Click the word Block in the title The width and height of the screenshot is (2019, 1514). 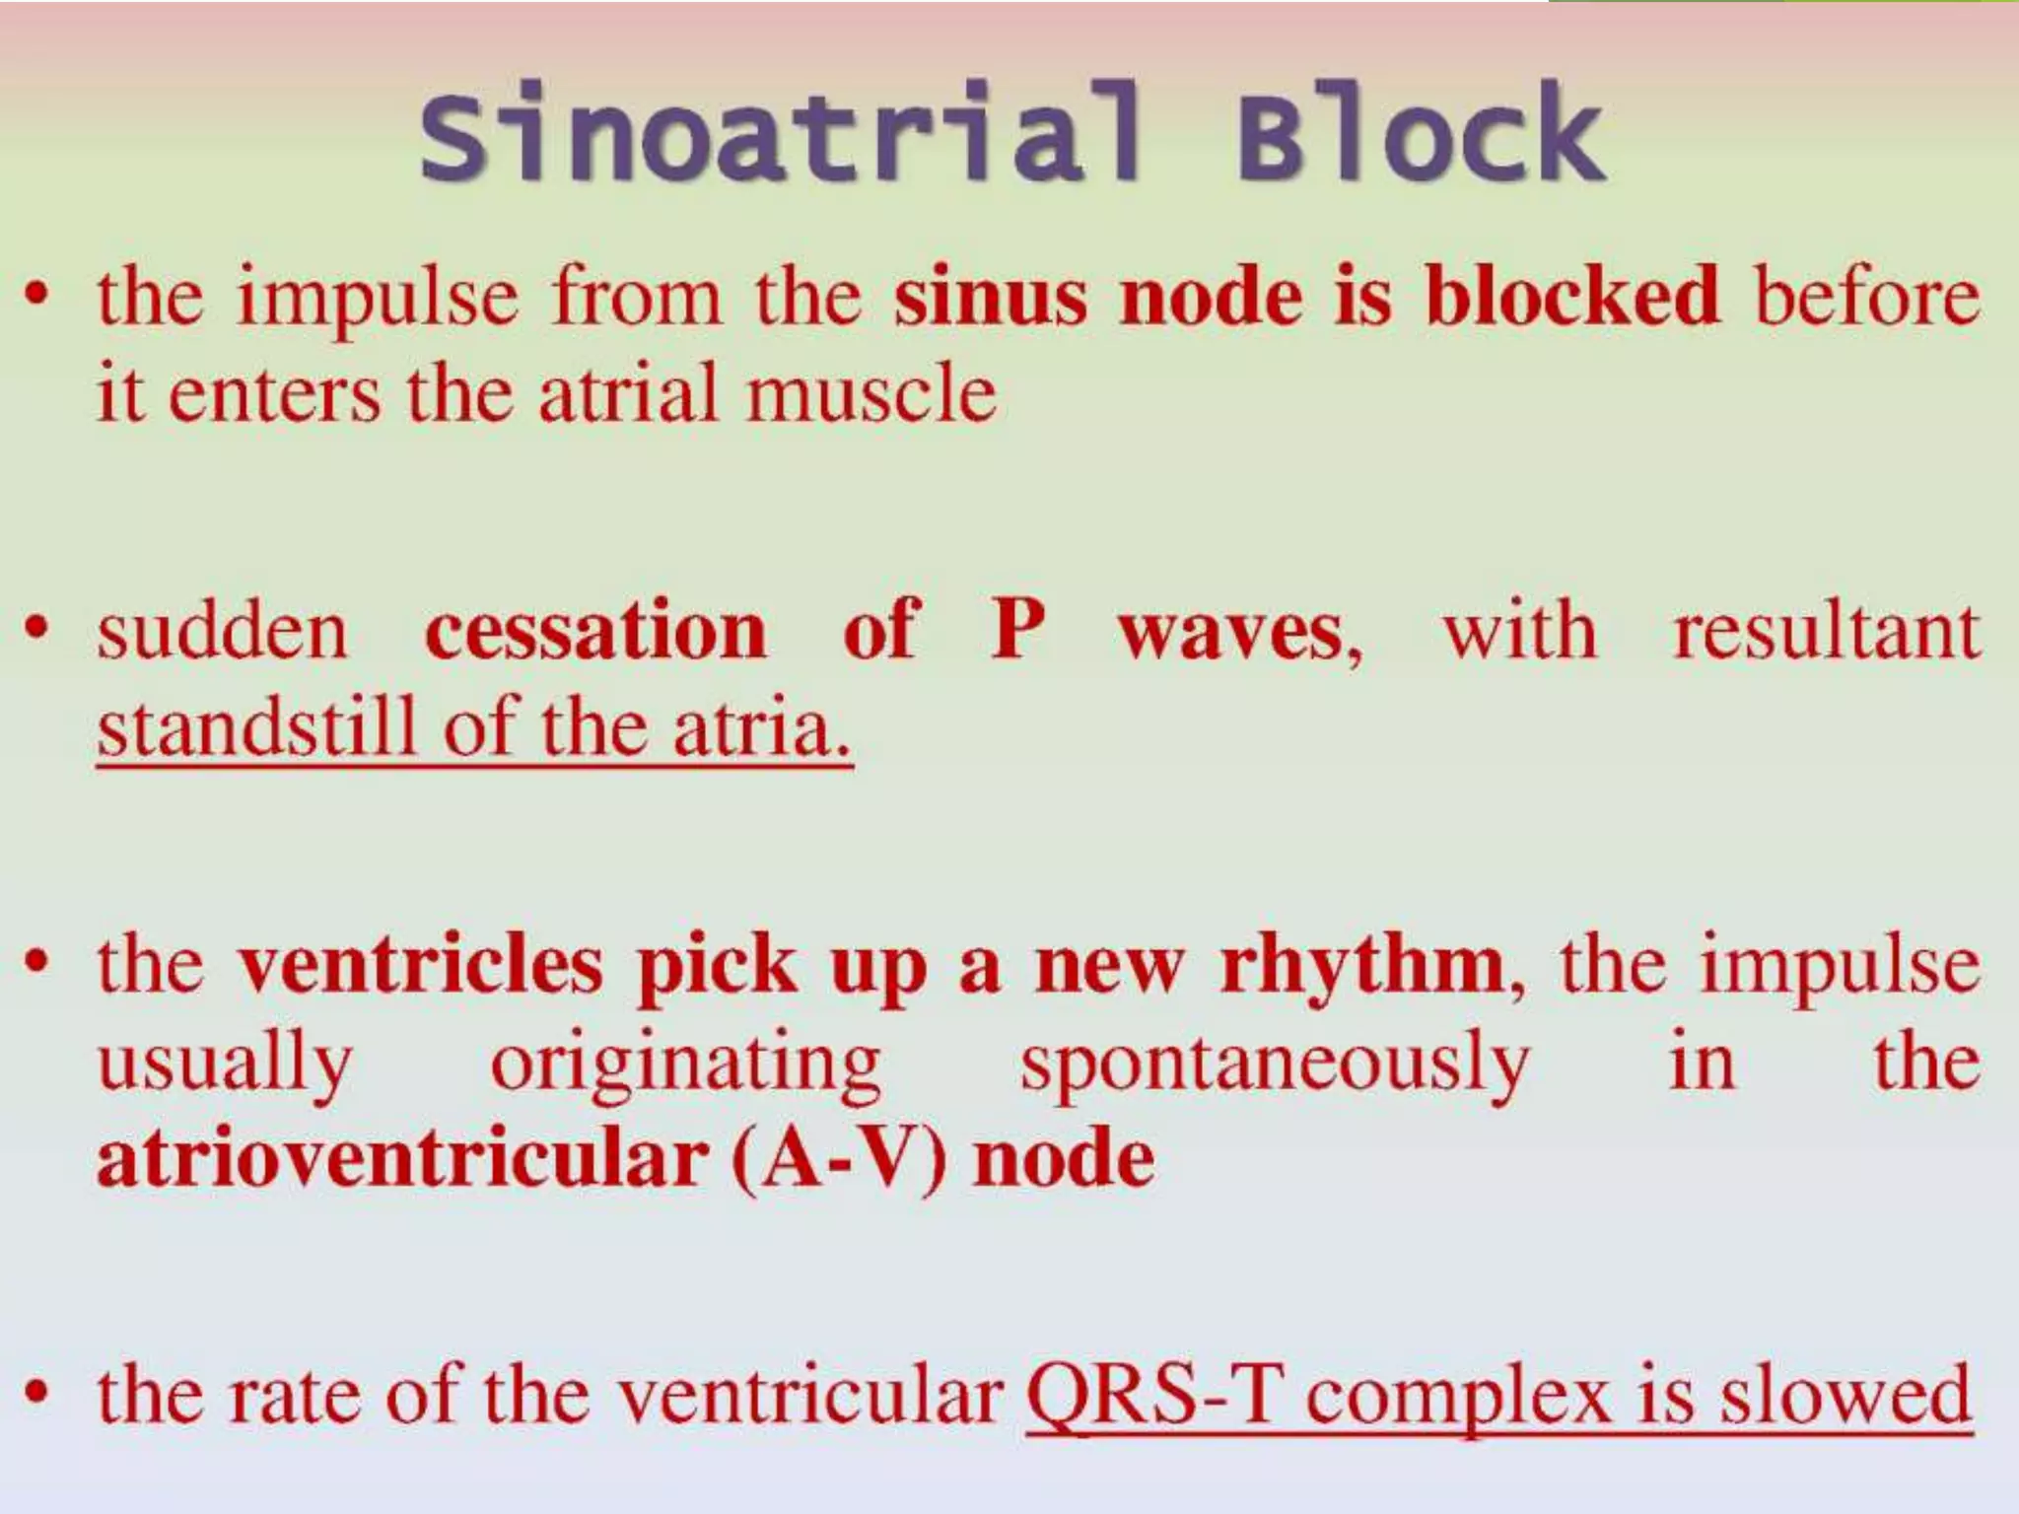[1420, 133]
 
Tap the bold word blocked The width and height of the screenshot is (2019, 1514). [1571, 297]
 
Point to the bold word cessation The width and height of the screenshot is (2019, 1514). [594, 631]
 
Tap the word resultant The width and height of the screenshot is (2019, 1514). [1826, 631]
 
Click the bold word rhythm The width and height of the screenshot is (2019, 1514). [1363, 966]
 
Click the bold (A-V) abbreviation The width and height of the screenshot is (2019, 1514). [839, 1159]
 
